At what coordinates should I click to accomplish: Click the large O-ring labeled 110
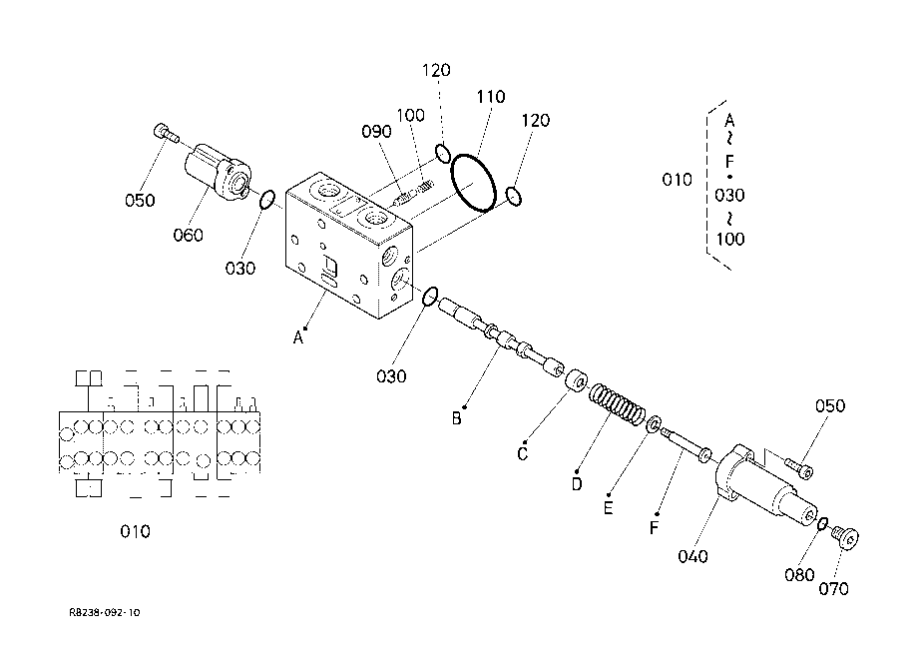(x=474, y=183)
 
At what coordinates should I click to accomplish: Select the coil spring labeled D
(x=617, y=404)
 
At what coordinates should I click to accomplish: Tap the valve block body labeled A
(x=349, y=246)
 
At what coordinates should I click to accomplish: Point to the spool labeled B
(x=500, y=338)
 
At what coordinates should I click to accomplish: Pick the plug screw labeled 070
(x=845, y=536)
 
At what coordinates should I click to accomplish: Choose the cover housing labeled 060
(x=218, y=171)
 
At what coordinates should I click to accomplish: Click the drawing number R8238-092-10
(x=105, y=613)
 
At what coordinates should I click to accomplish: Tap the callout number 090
(x=376, y=131)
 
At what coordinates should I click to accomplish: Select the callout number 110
(x=490, y=97)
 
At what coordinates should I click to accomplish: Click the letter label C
(x=522, y=454)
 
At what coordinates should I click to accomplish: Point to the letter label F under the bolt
(x=654, y=528)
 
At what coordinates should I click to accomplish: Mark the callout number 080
(x=799, y=575)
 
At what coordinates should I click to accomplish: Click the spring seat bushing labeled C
(x=577, y=381)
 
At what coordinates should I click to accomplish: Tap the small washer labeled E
(x=654, y=423)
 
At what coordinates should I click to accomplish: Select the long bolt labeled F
(x=686, y=444)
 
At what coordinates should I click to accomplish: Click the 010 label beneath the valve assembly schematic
(x=135, y=531)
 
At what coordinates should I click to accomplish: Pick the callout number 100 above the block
(x=410, y=115)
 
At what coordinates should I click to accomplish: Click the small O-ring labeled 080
(x=822, y=523)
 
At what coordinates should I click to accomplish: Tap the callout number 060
(x=188, y=236)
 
